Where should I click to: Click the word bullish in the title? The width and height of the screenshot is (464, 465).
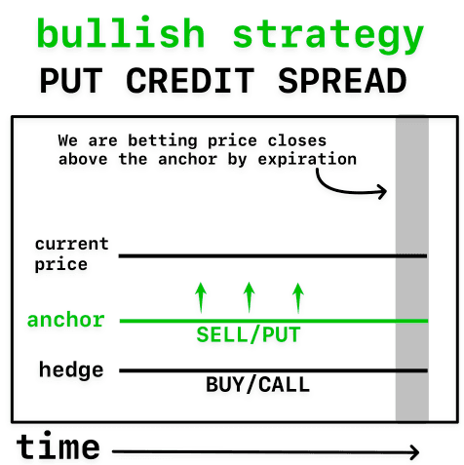(x=121, y=32)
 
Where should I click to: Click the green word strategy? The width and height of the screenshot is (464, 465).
(x=329, y=36)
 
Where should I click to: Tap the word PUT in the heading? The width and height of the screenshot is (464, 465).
(x=71, y=81)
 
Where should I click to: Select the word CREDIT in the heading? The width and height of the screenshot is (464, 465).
(x=190, y=81)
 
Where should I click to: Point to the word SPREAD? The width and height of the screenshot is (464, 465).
(x=342, y=81)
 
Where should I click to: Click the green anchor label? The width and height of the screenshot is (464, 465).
(x=66, y=320)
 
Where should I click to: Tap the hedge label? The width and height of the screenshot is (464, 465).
(x=71, y=369)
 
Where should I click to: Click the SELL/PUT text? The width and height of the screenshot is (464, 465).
(x=249, y=334)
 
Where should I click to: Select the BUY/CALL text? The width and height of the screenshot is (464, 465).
(x=257, y=384)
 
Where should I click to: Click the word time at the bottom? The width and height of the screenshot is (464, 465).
(x=58, y=446)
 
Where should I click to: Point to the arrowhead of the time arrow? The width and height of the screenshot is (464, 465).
(x=415, y=451)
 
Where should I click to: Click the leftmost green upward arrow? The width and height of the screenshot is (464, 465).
(x=201, y=297)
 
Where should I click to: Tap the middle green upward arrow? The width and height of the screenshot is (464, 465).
(x=250, y=297)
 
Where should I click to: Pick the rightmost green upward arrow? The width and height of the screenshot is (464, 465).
(x=298, y=297)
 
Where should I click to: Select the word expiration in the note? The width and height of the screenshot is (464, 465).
(x=307, y=160)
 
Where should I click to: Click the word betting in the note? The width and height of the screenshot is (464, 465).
(x=163, y=141)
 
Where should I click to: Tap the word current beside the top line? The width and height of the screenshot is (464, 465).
(x=72, y=244)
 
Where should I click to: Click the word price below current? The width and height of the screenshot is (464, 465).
(x=61, y=265)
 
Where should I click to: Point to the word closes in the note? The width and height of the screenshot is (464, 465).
(x=297, y=140)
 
